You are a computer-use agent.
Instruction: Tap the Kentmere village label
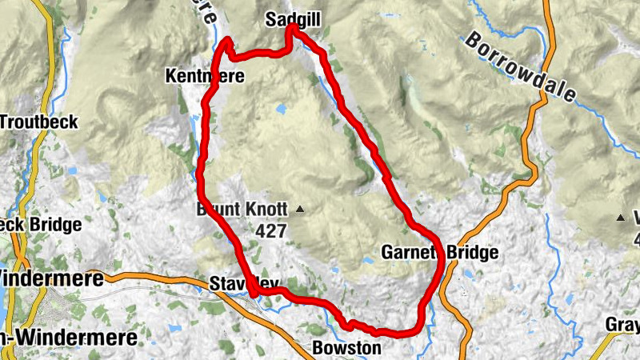tap(204, 77)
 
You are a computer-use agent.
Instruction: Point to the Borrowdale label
tap(520, 67)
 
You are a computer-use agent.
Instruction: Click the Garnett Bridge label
tap(440, 253)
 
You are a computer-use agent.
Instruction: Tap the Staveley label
tap(244, 283)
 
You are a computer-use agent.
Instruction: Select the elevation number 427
tap(272, 230)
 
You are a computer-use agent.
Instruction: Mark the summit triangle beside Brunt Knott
tap(300, 210)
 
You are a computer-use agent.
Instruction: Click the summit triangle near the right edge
tap(621, 218)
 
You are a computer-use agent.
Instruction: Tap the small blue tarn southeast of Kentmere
tap(281, 108)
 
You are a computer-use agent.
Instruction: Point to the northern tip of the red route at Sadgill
tap(293, 27)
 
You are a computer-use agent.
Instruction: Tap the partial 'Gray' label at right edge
tap(623, 326)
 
